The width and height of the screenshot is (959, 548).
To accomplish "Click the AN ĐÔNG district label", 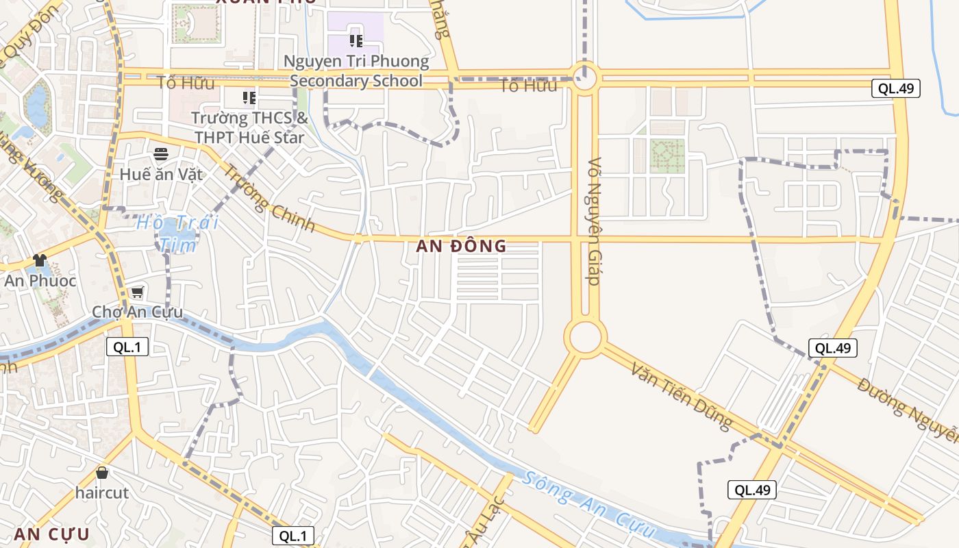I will tap(461, 246).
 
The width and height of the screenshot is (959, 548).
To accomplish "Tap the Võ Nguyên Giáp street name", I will tap(594, 221).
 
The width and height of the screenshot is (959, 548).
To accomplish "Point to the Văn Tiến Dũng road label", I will tap(682, 398).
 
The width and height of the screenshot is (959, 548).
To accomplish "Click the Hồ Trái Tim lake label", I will tap(177, 233).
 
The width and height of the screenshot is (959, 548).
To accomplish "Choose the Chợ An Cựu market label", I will tap(138, 312).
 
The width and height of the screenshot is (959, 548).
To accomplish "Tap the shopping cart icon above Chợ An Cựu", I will tap(137, 292).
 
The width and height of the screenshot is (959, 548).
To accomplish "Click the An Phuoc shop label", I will tap(40, 281).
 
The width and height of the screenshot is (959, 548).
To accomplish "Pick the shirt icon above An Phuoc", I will tap(40, 260).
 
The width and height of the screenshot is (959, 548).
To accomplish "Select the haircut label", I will tap(102, 493).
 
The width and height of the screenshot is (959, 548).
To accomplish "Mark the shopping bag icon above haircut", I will tap(102, 473).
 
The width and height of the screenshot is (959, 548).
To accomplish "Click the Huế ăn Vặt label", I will tap(161, 174).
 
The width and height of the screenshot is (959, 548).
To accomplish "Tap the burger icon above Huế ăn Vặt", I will tap(161, 153).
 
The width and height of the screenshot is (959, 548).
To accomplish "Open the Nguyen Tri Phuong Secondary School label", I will tap(356, 71).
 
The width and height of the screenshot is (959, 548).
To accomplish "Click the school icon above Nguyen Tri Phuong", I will tap(356, 40).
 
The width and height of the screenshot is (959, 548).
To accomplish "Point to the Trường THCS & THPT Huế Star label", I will tap(249, 127).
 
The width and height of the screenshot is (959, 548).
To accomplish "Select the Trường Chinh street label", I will tap(269, 199).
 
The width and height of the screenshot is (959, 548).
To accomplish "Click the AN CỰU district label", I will tap(51, 534).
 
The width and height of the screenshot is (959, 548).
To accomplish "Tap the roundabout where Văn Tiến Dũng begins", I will tap(586, 337).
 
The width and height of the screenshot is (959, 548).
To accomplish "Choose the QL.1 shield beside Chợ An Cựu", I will tap(127, 347).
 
